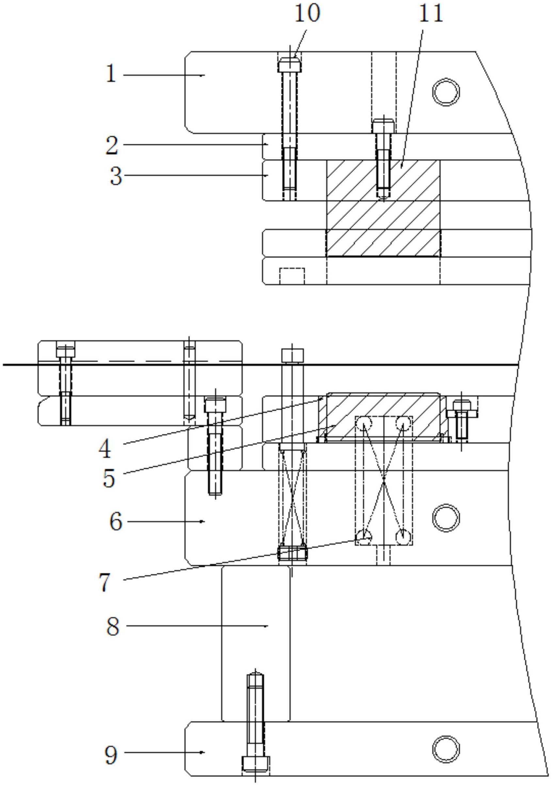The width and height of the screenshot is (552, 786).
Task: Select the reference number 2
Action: click(x=112, y=145)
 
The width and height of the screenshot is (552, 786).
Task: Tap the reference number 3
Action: click(x=116, y=176)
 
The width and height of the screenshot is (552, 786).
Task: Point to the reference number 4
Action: click(x=105, y=449)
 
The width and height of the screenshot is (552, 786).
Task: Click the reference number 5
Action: click(x=109, y=478)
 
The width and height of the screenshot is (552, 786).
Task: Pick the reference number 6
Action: click(x=116, y=522)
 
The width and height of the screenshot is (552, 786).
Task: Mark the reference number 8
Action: click(x=113, y=627)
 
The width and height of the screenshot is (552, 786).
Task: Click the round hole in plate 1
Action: click(x=446, y=92)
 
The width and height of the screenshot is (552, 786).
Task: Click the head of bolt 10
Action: click(x=289, y=65)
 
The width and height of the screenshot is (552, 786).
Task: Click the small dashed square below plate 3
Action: click(x=292, y=276)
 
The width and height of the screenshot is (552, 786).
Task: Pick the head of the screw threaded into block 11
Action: click(x=383, y=126)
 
